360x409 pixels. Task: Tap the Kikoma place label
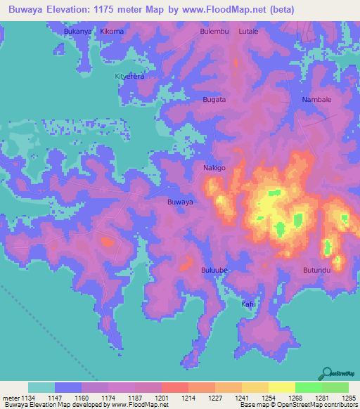[x=112, y=32]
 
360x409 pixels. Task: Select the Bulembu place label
[x=214, y=32]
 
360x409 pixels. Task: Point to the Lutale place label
[x=248, y=32]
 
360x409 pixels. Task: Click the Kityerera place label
[x=129, y=76]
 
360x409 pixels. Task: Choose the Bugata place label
[x=214, y=100]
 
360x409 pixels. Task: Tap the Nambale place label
[x=316, y=100]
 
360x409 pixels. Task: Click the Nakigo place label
[x=214, y=168]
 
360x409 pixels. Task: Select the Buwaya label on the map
[x=180, y=202]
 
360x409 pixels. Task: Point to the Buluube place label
[x=214, y=270]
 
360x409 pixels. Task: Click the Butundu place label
[x=316, y=270]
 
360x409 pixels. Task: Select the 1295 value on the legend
[x=349, y=397]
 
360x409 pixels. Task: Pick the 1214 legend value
[x=188, y=397]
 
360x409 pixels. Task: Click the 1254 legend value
[x=269, y=397]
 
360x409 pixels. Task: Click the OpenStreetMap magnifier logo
[x=326, y=374]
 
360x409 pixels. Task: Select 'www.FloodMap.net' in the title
[x=219, y=10]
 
